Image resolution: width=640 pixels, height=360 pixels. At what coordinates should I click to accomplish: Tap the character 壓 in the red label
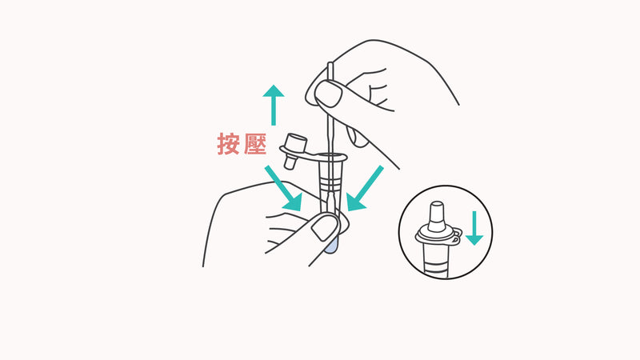tap(254, 144)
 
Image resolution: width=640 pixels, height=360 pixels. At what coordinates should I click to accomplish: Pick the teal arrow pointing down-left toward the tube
tap(365, 189)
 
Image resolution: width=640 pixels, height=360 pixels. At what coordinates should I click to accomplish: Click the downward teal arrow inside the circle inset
tap(474, 227)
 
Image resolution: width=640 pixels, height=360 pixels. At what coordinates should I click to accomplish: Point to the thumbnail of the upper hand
tap(329, 94)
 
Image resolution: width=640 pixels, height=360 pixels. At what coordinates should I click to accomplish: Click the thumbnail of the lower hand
tap(324, 230)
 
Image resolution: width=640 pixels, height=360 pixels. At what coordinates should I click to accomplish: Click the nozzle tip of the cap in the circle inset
tap(437, 211)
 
